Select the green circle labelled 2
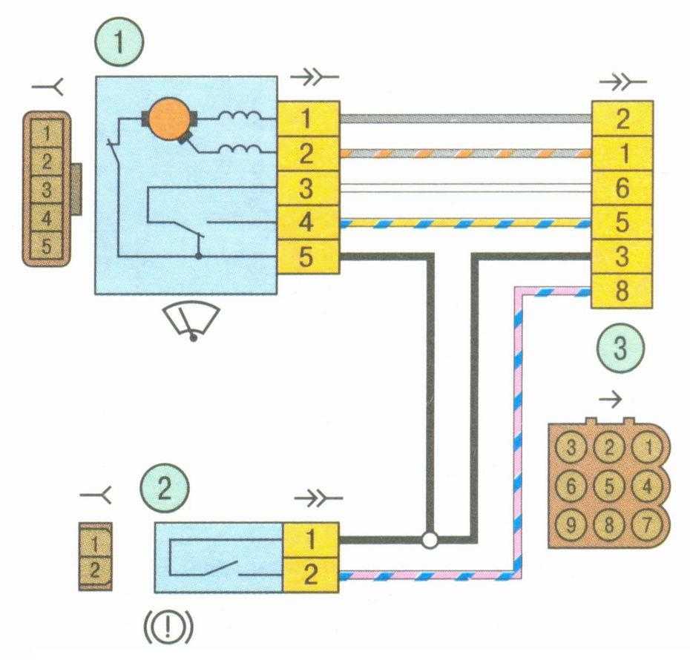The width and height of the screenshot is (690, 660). coord(165,489)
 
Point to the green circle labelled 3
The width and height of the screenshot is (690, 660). coord(620,349)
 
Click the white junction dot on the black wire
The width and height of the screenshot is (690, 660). coord(430,540)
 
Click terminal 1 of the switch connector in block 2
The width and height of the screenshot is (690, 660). coord(312,540)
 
